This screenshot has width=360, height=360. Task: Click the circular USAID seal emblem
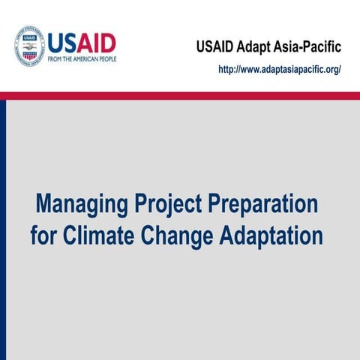pyautogui.click(x=29, y=46)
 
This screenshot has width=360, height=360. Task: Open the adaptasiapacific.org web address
pyautogui.click(x=280, y=69)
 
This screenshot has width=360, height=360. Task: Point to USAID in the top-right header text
pyautogui.click(x=217, y=47)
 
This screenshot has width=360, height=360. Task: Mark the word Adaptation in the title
pyautogui.click(x=271, y=235)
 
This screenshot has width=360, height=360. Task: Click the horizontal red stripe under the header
pyautogui.click(x=180, y=95)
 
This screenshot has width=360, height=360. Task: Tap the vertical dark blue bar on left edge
pyautogui.click(x=3, y=225)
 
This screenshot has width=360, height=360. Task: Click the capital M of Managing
pyautogui.click(x=46, y=205)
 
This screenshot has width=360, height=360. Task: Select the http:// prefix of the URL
pyautogui.click(x=229, y=69)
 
